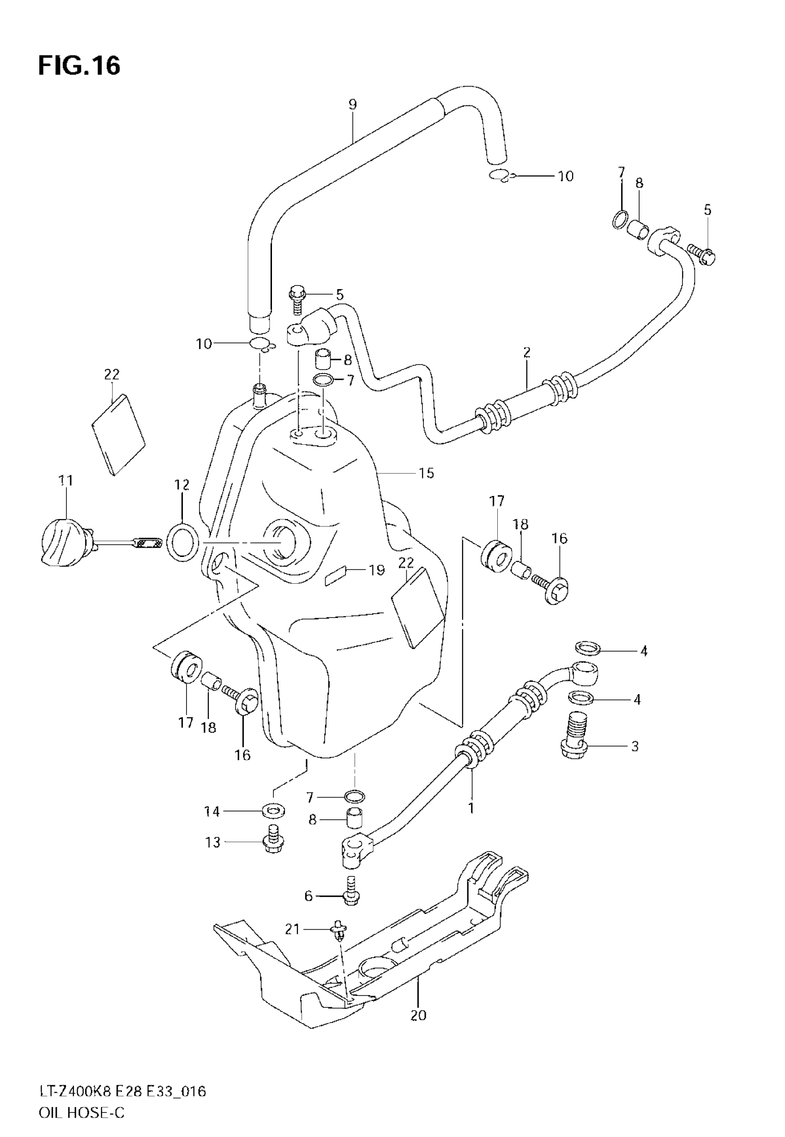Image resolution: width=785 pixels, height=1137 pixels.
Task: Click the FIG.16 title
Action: point(78,66)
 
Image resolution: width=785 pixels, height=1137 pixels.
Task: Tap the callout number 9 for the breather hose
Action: point(352,104)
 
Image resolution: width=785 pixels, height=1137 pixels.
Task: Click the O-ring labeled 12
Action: point(183,543)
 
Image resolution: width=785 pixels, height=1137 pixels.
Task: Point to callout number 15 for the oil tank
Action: point(426,473)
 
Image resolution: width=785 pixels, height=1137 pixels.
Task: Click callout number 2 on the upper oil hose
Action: point(527,352)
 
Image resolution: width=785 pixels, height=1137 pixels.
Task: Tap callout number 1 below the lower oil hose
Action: point(471,808)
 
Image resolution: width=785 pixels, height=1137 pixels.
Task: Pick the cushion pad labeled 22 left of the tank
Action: point(119,434)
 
